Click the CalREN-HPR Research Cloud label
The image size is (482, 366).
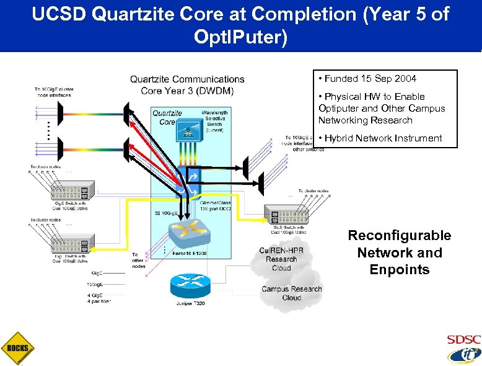[281, 259]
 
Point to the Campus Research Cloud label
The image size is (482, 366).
[292, 293]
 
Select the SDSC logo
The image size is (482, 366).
[463, 340]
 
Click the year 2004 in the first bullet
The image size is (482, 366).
[405, 79]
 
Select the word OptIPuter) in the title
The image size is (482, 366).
[240, 38]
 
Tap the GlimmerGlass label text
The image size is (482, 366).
[216, 203]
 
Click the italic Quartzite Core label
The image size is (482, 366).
[167, 117]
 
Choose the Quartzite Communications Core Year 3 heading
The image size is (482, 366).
[187, 84]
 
